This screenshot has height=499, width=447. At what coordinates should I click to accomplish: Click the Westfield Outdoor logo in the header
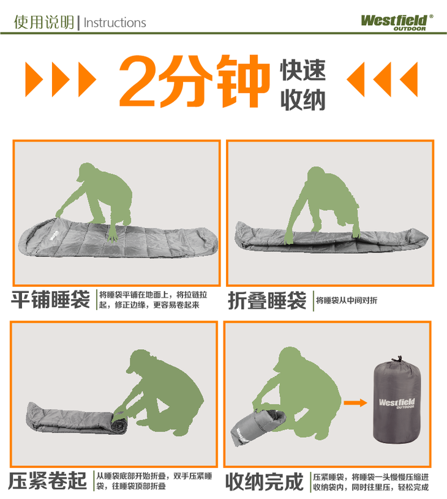(397, 23)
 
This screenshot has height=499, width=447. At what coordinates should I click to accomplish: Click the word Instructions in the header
(115, 23)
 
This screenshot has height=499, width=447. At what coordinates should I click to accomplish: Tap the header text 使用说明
(44, 22)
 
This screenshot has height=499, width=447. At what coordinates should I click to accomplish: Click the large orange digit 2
(138, 81)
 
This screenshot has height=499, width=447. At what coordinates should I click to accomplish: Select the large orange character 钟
(244, 81)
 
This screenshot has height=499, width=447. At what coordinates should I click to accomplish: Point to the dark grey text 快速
(302, 70)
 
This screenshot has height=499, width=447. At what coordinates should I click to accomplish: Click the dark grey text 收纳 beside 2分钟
(302, 100)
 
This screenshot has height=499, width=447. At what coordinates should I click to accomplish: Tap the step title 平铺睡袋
(50, 300)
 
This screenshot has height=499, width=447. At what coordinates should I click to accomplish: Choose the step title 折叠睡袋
(267, 301)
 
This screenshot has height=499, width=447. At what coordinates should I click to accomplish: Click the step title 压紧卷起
(47, 481)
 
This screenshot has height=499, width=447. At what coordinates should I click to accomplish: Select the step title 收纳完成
(265, 482)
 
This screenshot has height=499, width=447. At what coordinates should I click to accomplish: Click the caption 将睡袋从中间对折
(347, 300)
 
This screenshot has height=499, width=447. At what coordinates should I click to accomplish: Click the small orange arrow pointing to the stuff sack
(355, 403)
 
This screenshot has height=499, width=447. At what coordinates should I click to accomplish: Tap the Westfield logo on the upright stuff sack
(397, 403)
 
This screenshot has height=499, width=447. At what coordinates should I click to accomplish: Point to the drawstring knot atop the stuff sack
(397, 360)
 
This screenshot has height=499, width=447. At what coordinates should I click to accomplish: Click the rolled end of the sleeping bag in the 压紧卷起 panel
(119, 423)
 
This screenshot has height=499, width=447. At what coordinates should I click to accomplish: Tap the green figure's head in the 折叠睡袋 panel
(315, 174)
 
